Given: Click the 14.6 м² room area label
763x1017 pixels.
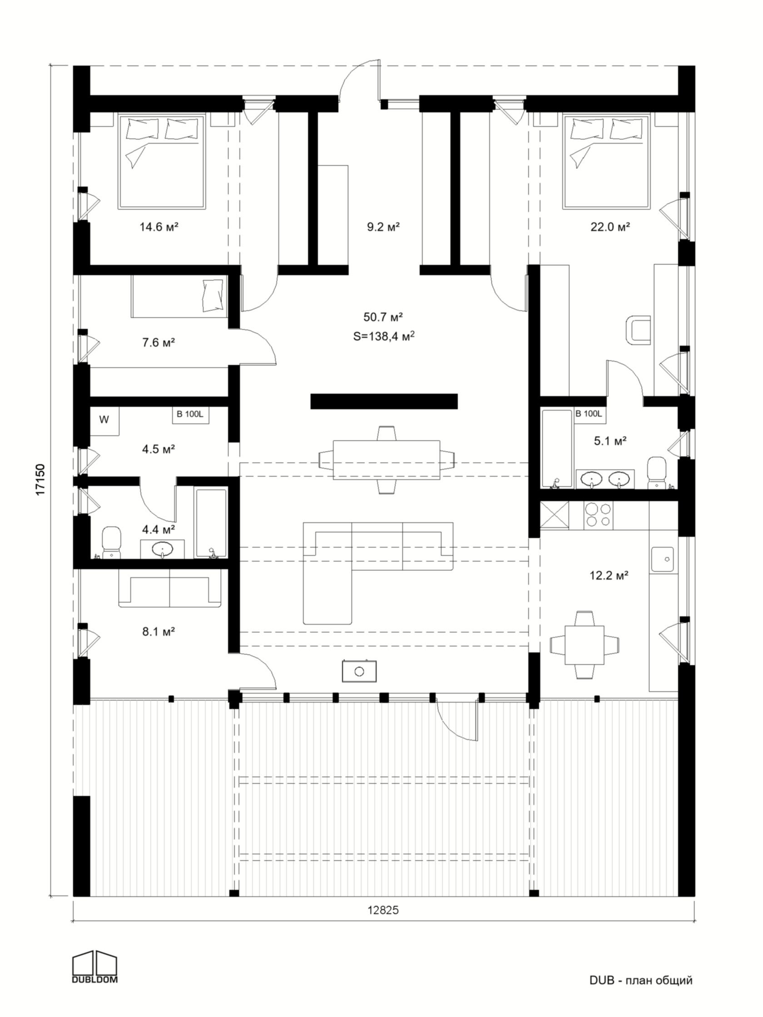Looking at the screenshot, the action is tap(159, 227).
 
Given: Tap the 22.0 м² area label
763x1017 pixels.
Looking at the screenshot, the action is tap(610, 227).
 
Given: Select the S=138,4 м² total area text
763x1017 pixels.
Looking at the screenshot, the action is tap(384, 336).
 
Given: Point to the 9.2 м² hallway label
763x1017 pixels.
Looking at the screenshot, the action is tap(383, 227).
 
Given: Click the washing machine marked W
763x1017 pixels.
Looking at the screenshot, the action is tap(104, 420).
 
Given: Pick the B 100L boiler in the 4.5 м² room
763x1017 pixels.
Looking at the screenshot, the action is tap(190, 415).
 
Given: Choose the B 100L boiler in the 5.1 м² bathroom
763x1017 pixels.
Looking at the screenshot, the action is tap(589, 414).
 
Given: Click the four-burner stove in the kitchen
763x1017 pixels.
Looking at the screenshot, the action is tap(598, 514).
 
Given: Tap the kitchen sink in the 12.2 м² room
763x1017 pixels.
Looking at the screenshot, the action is tap(662, 559).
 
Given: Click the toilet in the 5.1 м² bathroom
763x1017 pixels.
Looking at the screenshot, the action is tap(656, 473).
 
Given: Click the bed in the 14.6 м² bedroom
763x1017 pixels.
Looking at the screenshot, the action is tap(161, 162).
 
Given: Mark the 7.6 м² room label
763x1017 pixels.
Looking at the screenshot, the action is tap(159, 342).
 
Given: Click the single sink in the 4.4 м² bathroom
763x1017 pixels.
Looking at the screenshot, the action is tap(162, 549).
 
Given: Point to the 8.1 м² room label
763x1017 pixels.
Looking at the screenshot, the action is tap(159, 632).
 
